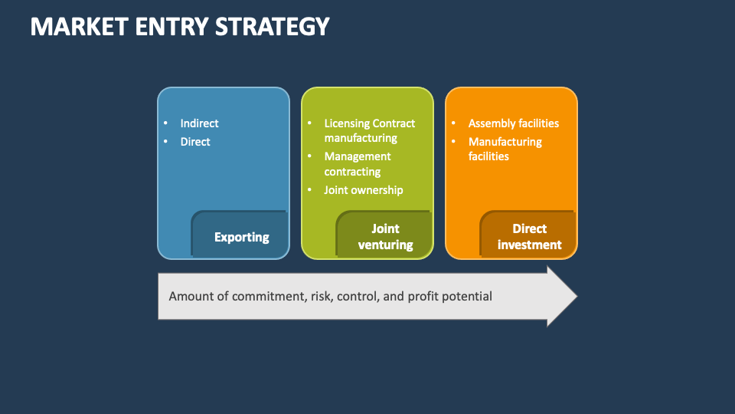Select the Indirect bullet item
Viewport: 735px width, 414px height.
coord(199,123)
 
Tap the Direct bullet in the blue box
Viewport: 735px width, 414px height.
coord(195,142)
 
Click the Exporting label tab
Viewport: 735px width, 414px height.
coord(241,237)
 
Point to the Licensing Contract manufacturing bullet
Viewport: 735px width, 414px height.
coord(369,130)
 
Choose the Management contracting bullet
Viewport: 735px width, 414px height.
coord(357,163)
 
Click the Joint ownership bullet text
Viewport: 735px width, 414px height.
coord(363,190)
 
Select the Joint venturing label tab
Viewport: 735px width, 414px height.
coord(385,237)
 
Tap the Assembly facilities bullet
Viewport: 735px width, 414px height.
coord(513,123)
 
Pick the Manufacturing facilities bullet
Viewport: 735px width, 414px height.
coord(505,149)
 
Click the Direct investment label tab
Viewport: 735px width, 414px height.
coord(529,237)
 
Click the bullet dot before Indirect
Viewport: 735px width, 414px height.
coord(166,123)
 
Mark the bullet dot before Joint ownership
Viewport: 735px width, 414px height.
coord(310,190)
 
